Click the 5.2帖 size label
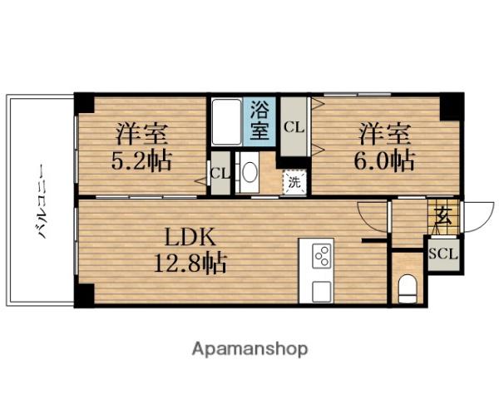pyautogui.click(x=141, y=160)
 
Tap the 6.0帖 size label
pyautogui.click(x=385, y=160)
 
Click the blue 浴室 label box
pyautogui.click(x=259, y=120)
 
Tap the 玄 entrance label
pyautogui.click(x=442, y=219)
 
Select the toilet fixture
pyautogui.click(x=407, y=288)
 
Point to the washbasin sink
pyautogui.click(x=248, y=173)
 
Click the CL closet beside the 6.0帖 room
pyautogui.click(x=294, y=126)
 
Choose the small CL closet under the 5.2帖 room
pyautogui.click(x=220, y=174)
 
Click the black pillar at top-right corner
pyautogui.click(x=450, y=106)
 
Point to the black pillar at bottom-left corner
pyautogui.click(x=84, y=295)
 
